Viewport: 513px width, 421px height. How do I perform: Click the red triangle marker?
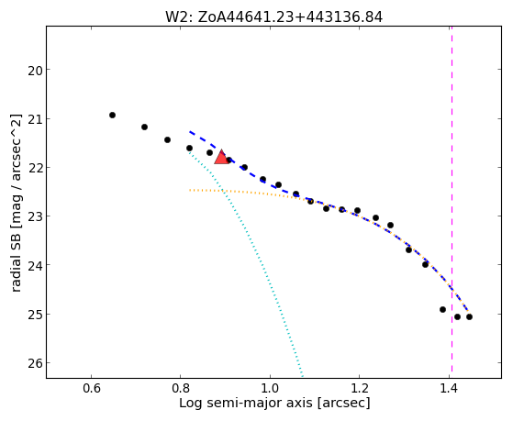coord(221,157)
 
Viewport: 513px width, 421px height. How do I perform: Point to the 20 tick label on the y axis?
coord(36,70)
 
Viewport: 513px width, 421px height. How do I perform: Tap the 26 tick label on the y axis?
coord(36,363)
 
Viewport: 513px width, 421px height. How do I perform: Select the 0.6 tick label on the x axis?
coord(91,388)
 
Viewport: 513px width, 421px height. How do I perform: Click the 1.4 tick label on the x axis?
coord(449,388)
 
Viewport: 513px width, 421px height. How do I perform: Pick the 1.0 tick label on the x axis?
coord(270,388)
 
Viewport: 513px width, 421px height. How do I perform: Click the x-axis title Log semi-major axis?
coord(246,403)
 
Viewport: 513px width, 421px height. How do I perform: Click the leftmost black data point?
coord(112,116)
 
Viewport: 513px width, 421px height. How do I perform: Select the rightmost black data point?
coord(469,316)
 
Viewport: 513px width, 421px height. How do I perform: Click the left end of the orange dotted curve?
coord(190,190)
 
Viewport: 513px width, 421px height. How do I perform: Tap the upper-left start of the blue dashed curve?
coord(189,131)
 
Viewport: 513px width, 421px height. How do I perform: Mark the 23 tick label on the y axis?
coord(36,216)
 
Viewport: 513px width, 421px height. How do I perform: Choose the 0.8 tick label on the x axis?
coord(180,388)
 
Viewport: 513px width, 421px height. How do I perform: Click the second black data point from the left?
coord(144,127)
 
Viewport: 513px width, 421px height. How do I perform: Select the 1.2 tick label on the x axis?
coord(359,388)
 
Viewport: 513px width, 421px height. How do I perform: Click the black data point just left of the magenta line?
coord(442,309)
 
